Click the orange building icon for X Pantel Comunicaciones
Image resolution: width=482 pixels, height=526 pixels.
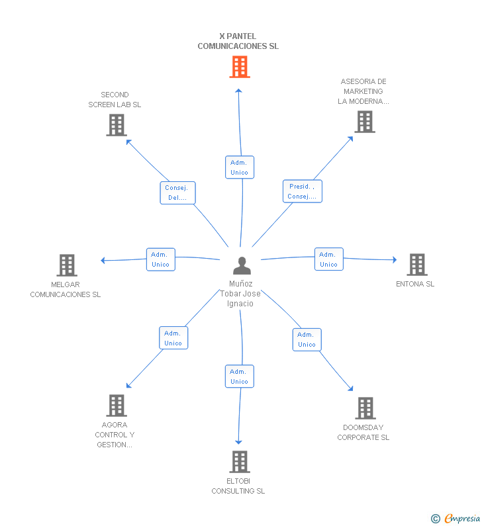click(x=240, y=67)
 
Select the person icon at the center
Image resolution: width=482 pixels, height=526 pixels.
click(x=242, y=266)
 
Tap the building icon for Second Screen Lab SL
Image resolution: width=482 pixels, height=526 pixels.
click(x=117, y=125)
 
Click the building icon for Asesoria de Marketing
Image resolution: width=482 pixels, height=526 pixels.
click(x=365, y=122)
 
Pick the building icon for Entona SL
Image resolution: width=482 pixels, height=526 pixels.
click(x=417, y=265)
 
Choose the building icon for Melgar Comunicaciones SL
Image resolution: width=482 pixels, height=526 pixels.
click(x=67, y=265)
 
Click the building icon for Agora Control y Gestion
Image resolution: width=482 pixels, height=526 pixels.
click(x=117, y=405)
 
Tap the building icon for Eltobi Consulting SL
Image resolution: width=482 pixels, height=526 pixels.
click(x=240, y=462)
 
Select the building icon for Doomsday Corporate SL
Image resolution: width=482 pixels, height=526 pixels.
click(x=365, y=408)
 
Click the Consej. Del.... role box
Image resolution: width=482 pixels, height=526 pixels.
click(x=177, y=193)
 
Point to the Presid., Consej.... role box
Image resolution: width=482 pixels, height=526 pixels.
click(x=303, y=191)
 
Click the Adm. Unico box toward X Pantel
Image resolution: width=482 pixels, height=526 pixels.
click(x=240, y=167)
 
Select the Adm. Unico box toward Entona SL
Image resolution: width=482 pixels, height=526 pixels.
click(x=329, y=259)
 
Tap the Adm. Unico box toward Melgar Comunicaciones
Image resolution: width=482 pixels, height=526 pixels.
click(x=161, y=259)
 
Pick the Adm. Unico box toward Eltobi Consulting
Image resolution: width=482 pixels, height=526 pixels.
click(x=239, y=376)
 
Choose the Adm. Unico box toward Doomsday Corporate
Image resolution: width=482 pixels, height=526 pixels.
click(x=307, y=339)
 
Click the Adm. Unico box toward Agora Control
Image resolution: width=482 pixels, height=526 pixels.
click(x=173, y=338)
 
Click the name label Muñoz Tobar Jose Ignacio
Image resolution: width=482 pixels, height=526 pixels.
click(x=240, y=294)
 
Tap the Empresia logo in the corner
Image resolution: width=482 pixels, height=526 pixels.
click(x=456, y=519)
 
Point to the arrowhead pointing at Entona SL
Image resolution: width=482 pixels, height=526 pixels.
click(x=395, y=259)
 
